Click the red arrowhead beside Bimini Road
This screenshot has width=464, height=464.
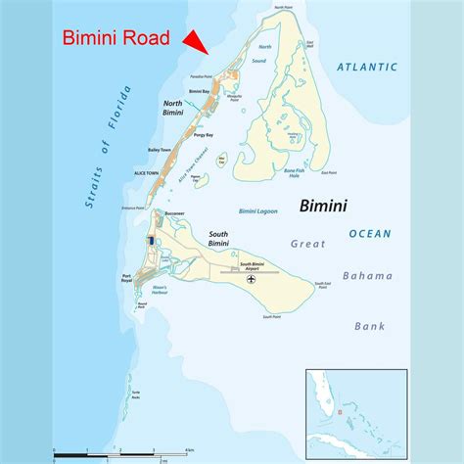[196, 41]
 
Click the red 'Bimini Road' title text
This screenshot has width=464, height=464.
[116, 39]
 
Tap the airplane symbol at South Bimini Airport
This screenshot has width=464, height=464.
[254, 281]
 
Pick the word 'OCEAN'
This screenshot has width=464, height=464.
[370, 233]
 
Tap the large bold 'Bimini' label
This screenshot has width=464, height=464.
[325, 207]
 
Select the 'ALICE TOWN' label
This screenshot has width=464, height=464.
[146, 173]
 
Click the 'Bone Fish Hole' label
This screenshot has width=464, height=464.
[294, 173]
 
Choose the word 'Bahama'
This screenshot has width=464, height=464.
[368, 276]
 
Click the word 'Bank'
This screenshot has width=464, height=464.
[370, 326]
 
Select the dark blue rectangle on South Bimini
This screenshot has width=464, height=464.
[151, 241]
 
